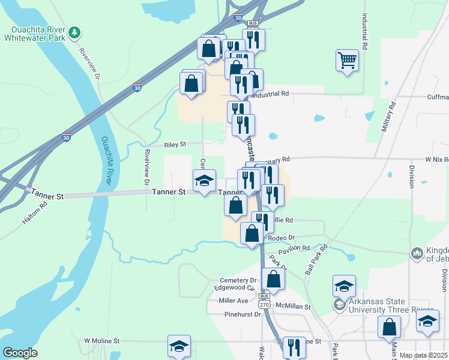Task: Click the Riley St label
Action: pyautogui.click(x=176, y=145)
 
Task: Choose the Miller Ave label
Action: pyautogui.click(x=234, y=300)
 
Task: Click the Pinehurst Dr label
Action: pyautogui.click(x=241, y=314)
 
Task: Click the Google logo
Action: pyautogui.click(x=20, y=353)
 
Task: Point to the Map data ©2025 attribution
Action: pyautogui.click(x=424, y=355)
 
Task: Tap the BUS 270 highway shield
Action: pyautogui.click(x=265, y=302)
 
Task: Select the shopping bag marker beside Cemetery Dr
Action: pyautogui.click(x=273, y=279)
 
